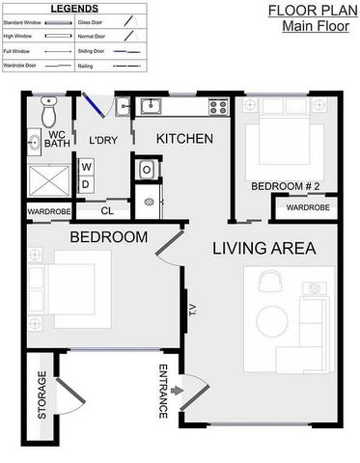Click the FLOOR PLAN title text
coord(306,12)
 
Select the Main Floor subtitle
coord(307,26)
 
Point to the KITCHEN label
coord(184,139)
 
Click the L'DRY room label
coord(103,140)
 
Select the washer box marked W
coord(85,167)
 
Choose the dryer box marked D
coord(85,183)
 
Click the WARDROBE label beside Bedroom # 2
coord(308,207)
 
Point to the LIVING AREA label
coord(263,248)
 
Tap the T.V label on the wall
coord(192,310)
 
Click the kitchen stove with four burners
coord(213,106)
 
